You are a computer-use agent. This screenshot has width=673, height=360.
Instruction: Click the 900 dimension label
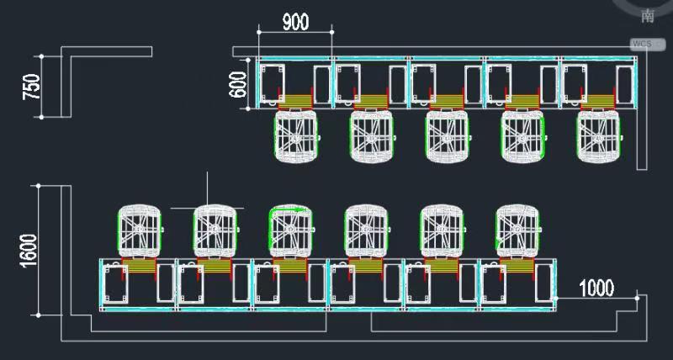(294, 23)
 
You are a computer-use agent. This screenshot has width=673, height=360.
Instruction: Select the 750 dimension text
(31, 87)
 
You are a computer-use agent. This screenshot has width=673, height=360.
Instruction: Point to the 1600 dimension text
(28, 251)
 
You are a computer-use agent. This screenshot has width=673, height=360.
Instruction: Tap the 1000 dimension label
(596, 289)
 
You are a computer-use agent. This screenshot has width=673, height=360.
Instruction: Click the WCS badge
(642, 43)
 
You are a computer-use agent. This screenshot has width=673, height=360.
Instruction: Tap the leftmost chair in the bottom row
(140, 230)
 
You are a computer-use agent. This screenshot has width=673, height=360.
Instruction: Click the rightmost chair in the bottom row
(517, 230)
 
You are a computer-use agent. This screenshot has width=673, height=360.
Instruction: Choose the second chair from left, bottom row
(215, 230)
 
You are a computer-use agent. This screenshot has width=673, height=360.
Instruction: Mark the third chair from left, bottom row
(291, 230)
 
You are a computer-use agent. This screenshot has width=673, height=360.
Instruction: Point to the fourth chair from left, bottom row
(367, 230)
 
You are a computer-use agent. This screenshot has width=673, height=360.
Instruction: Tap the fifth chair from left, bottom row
(442, 230)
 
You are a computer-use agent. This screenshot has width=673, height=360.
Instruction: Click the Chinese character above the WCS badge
(647, 16)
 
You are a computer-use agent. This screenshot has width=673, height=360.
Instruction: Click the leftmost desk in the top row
(295, 83)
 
